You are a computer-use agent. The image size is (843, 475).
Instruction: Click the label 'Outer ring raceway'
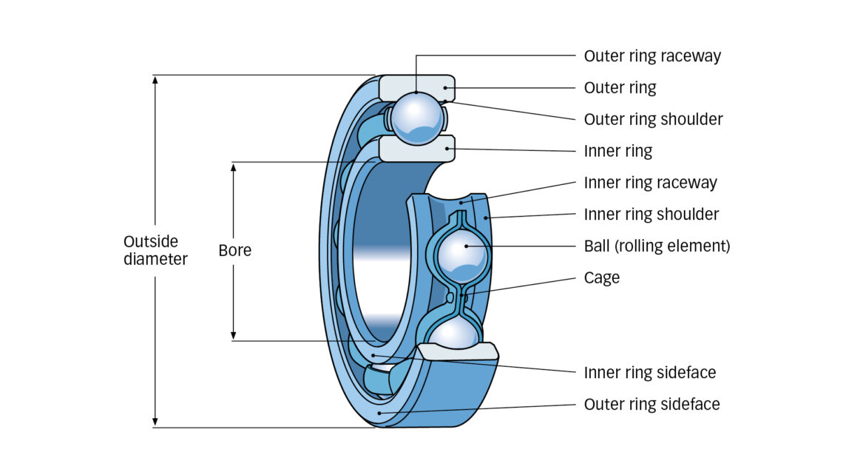(652, 56)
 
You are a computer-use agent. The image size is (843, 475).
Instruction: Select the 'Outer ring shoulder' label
(653, 119)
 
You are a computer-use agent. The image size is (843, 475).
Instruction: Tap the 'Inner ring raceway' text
(650, 183)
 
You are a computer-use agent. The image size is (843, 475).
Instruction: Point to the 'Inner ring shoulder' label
(651, 215)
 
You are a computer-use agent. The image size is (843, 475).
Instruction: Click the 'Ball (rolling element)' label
(657, 246)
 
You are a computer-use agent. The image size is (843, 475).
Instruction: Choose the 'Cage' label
(601, 278)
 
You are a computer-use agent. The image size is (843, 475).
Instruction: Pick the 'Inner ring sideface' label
(649, 373)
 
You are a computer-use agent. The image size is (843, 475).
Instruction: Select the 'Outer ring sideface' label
(651, 405)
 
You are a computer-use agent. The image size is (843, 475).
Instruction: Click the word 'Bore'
(234, 251)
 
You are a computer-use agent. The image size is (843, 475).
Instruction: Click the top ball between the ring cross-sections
(417, 117)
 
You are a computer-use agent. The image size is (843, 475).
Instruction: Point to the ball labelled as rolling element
(462, 256)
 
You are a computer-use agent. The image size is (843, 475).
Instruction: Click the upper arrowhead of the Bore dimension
(234, 167)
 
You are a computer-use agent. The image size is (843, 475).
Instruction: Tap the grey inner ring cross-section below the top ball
(416, 149)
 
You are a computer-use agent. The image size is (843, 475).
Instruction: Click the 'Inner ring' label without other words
(618, 152)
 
